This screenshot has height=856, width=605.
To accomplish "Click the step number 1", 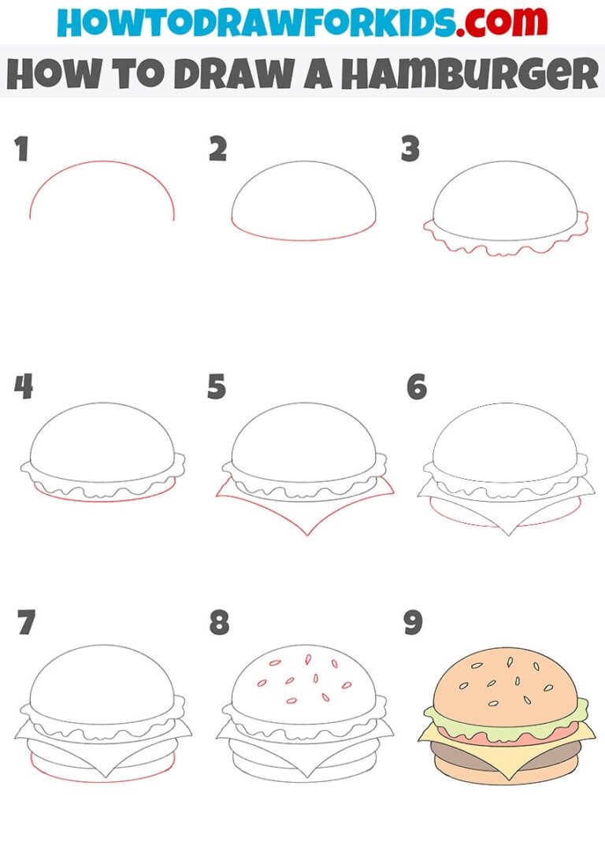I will (21, 149).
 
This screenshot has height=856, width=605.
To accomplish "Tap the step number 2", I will (217, 149).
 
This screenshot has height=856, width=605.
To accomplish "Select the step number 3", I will (410, 149).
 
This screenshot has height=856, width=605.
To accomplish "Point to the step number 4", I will (23, 387).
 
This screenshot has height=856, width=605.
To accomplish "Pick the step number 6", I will (416, 387).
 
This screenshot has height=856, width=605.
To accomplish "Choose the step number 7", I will (25, 623).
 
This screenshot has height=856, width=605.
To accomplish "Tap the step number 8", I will (219, 623).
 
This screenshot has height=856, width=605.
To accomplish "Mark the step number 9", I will (414, 623).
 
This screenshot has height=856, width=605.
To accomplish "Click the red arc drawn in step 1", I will (101, 163).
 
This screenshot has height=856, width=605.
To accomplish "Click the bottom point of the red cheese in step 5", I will (307, 535).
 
